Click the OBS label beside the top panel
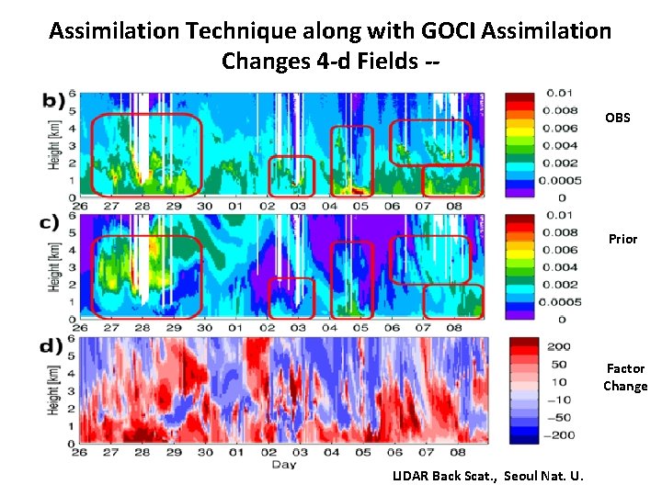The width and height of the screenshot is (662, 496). pos(617,118)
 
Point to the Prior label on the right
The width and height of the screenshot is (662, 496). pos(622,239)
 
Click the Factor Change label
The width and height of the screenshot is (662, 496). pos(625,378)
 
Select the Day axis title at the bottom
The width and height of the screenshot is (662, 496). pos(283,464)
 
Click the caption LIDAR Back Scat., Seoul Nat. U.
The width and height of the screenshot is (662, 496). pos(493,475)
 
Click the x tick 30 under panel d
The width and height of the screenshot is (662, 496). pos(204,453)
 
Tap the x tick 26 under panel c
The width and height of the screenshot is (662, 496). pos(80,328)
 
